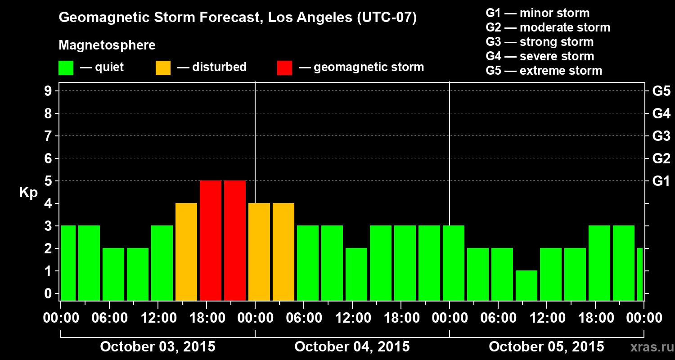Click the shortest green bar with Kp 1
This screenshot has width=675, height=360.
coord(526,285)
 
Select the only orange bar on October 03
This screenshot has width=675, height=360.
coord(186,252)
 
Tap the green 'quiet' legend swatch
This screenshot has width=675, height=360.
coord(66,68)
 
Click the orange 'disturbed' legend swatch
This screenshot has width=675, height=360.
coord(163,68)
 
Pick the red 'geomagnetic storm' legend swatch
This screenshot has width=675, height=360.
coord(284,68)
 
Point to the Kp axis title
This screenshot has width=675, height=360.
coord(28,193)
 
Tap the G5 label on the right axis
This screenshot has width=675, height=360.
coord(661,91)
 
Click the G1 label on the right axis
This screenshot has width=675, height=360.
coord(661,181)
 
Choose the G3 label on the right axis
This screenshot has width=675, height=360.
coord(661,136)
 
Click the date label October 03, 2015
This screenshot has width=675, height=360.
coord(157,347)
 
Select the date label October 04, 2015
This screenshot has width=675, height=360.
coord(352,347)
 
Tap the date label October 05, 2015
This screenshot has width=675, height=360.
coord(546,347)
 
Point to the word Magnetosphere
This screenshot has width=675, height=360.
coord(107,45)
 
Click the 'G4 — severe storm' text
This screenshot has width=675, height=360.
coord(540,56)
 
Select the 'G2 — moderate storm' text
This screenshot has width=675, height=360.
coord(548,27)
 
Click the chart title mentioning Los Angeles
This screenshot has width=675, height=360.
coord(238,18)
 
